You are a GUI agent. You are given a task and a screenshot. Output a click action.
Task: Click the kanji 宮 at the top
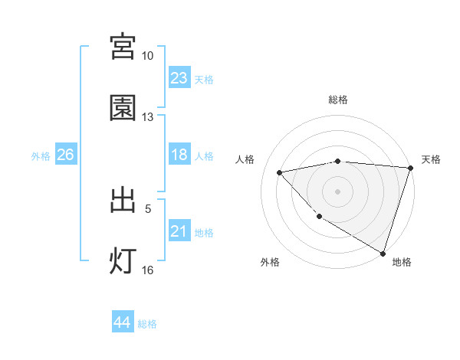[x=123, y=47]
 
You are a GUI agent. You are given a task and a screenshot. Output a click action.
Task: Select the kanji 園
[x=123, y=108]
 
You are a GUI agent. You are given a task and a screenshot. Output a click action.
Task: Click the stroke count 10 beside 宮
[x=147, y=56]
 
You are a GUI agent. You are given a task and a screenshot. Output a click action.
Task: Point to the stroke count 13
[x=147, y=117]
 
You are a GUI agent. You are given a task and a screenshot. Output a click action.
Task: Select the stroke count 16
[x=147, y=270]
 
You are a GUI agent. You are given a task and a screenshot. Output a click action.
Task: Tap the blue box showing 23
[x=179, y=78]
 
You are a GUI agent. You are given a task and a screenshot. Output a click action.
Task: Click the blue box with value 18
[x=179, y=155]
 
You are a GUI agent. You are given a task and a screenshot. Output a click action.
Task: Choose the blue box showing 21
[x=179, y=231]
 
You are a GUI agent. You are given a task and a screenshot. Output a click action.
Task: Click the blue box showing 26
[x=65, y=155]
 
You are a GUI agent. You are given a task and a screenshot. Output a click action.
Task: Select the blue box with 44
[x=122, y=322]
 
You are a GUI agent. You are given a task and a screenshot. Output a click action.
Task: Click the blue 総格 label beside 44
[x=147, y=324]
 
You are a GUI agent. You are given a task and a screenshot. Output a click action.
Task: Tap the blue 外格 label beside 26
[x=41, y=156]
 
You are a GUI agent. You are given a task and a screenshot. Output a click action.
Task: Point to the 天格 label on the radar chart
[x=431, y=159]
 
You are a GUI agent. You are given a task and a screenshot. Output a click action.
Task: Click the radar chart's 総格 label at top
[x=337, y=100]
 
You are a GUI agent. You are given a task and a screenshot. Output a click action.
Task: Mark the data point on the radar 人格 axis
[x=280, y=172]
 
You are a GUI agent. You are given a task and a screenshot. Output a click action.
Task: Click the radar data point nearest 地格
[x=383, y=253]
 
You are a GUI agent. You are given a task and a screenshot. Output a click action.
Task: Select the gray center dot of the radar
[x=337, y=191]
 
